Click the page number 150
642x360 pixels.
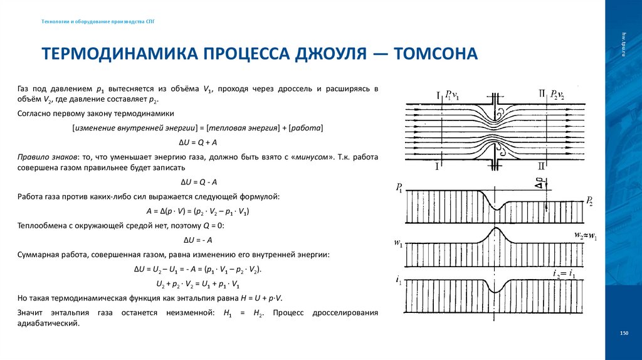pyautogui.click(x=623, y=332)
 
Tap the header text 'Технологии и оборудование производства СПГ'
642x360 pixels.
pyautogui.click(x=98, y=21)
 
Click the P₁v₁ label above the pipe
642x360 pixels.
pyautogui.click(x=451, y=96)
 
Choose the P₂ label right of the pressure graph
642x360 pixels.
pyautogui.click(x=591, y=201)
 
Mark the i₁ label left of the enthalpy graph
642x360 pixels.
pyautogui.click(x=399, y=280)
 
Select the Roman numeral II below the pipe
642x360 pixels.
pyautogui.click(x=541, y=168)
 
